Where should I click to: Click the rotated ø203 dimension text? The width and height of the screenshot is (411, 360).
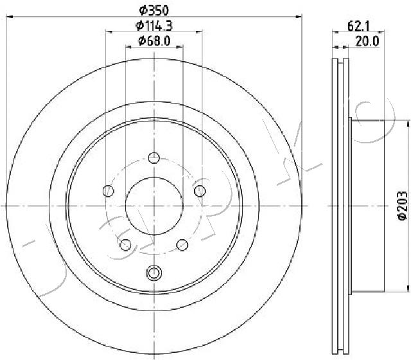(x=401, y=206)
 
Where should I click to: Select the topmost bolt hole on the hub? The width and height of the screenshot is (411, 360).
(x=153, y=157)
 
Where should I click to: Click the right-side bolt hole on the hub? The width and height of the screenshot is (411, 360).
(x=200, y=190)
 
